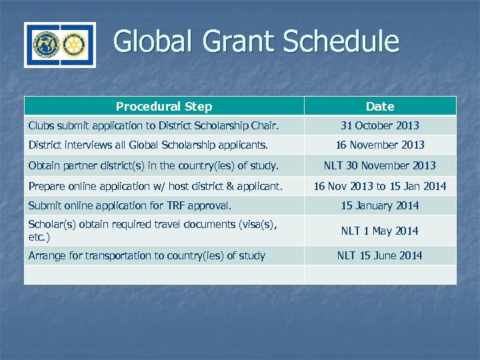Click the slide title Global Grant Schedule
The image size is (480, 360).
[x=256, y=41]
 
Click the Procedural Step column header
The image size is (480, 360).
[x=164, y=107]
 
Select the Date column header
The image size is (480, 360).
[x=380, y=107]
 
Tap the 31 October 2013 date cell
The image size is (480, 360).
[x=380, y=125]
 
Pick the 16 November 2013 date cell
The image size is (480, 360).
[x=380, y=145]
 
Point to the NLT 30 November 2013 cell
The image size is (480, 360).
[x=380, y=165]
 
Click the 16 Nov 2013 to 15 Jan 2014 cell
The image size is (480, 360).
[x=380, y=186]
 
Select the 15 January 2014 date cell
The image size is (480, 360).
[x=380, y=206]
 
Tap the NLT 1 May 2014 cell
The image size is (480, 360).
[x=380, y=231]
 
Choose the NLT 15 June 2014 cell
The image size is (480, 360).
[x=380, y=255]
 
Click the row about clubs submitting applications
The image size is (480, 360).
[x=153, y=125]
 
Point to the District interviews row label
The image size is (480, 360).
[x=148, y=145]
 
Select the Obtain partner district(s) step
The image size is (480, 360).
[x=153, y=165]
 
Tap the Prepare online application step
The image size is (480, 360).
[x=155, y=186]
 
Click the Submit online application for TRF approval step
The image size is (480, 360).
[x=129, y=206]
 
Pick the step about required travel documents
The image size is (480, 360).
[x=151, y=231]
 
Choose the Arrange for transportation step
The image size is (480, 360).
[x=147, y=255]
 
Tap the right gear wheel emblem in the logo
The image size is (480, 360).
[x=73, y=45]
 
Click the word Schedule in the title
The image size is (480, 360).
[x=341, y=41]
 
